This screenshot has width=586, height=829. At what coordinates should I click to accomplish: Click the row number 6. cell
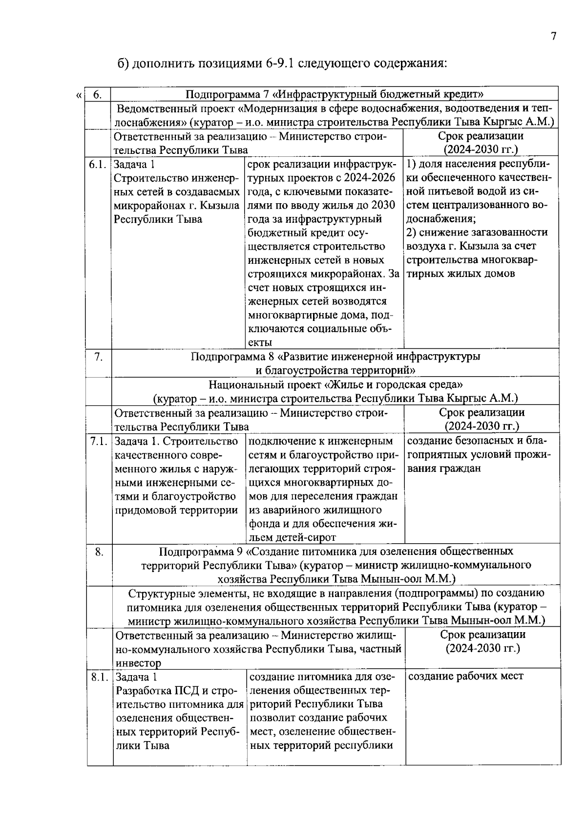pos(97,94)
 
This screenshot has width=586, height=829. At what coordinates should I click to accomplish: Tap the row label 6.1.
pos(97,165)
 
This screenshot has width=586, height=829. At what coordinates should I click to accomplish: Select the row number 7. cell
pos(99,357)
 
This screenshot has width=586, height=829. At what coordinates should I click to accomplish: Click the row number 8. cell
pos(100,552)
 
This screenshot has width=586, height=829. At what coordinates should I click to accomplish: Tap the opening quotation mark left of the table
pos(79,95)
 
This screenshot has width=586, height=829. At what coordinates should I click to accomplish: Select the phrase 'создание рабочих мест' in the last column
pos(465,676)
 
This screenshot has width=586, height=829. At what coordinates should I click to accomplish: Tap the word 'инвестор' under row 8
pos(138,663)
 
